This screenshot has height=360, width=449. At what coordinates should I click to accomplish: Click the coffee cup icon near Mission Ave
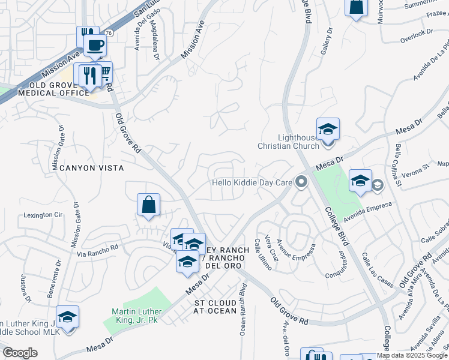coord(95,44)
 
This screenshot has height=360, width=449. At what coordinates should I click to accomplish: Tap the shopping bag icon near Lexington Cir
coord(149,205)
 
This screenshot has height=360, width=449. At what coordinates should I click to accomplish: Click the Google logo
coord(20,353)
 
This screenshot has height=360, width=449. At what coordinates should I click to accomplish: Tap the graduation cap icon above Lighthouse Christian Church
coord(328,129)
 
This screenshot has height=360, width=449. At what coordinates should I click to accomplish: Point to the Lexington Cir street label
coord(43,214)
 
